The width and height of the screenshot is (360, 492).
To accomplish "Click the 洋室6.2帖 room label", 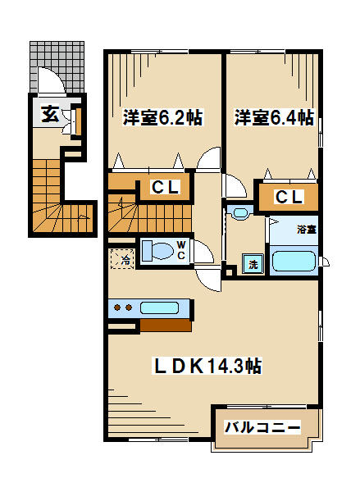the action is click(162, 117).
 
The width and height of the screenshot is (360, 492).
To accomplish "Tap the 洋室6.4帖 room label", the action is click(275, 117).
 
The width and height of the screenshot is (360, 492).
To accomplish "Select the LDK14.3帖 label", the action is click(207, 366).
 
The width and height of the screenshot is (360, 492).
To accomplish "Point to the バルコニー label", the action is click(262, 426).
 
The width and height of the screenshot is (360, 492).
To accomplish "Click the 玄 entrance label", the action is click(50, 114).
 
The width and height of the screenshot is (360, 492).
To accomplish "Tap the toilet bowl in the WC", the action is click(158, 250).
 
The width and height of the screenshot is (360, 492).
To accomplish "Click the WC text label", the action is click(181, 250).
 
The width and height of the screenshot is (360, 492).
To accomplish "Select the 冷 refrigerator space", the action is click(123, 259).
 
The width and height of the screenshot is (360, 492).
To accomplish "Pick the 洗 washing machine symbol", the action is click(253, 263).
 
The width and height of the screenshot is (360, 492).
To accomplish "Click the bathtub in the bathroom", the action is click(294, 261).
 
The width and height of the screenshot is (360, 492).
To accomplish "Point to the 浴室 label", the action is click(307, 230).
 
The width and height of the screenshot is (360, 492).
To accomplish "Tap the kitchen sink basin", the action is click(159, 307).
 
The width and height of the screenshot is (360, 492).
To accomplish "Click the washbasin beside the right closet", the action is click(240, 212).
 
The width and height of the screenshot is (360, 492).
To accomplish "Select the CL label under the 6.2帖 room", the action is click(165, 187).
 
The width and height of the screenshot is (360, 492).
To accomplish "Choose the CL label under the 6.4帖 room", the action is click(289, 197).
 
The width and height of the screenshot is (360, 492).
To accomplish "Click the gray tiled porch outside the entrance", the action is click(57, 66).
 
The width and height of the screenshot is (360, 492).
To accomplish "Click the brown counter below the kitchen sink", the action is click(166, 326).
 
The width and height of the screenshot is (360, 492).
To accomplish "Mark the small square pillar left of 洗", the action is click(230, 271).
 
